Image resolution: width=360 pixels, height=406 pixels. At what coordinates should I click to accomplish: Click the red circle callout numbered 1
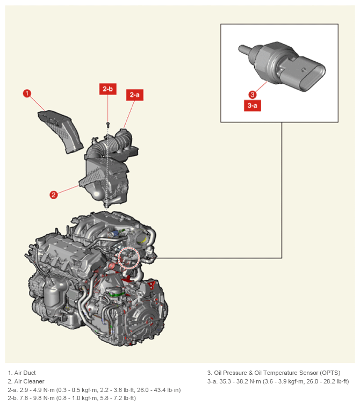27,93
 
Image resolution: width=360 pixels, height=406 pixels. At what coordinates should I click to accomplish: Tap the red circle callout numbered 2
54,195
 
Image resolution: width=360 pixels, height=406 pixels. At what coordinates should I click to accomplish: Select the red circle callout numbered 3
253,95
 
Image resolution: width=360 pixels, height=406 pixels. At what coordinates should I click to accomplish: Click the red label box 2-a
135,95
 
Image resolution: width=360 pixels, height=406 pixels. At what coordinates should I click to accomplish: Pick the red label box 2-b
108,89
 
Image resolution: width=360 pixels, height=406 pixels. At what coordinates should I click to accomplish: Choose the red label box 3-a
253,105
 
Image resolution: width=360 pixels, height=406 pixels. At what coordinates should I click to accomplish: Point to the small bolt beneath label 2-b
108,125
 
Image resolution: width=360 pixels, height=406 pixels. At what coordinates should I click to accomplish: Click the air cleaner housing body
106,179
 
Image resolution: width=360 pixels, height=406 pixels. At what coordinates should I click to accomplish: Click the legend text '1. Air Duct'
21,373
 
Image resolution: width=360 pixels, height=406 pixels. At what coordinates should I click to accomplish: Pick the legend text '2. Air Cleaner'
26,381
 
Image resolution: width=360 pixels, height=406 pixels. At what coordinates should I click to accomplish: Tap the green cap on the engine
117,294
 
